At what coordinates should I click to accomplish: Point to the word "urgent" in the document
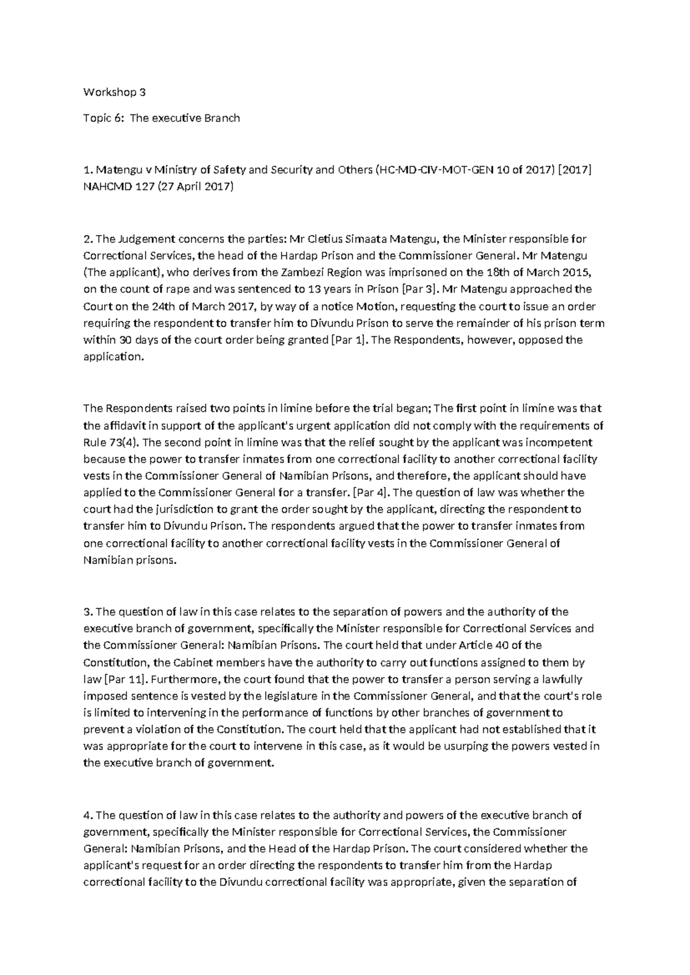click(298, 426)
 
